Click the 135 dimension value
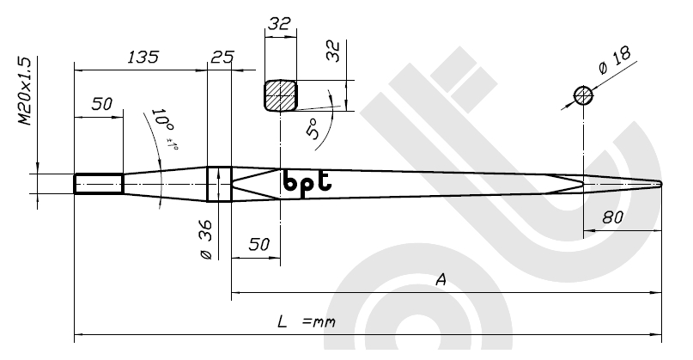143,58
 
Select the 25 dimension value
222,58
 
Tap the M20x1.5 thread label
26,93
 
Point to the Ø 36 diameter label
206,243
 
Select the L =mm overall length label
305,322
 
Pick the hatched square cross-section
280,95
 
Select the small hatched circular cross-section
584,95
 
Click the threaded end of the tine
98,184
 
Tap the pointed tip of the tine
660,183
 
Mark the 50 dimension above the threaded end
102,105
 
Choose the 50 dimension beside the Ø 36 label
258,245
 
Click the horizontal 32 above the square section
279,25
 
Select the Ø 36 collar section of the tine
220,184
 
